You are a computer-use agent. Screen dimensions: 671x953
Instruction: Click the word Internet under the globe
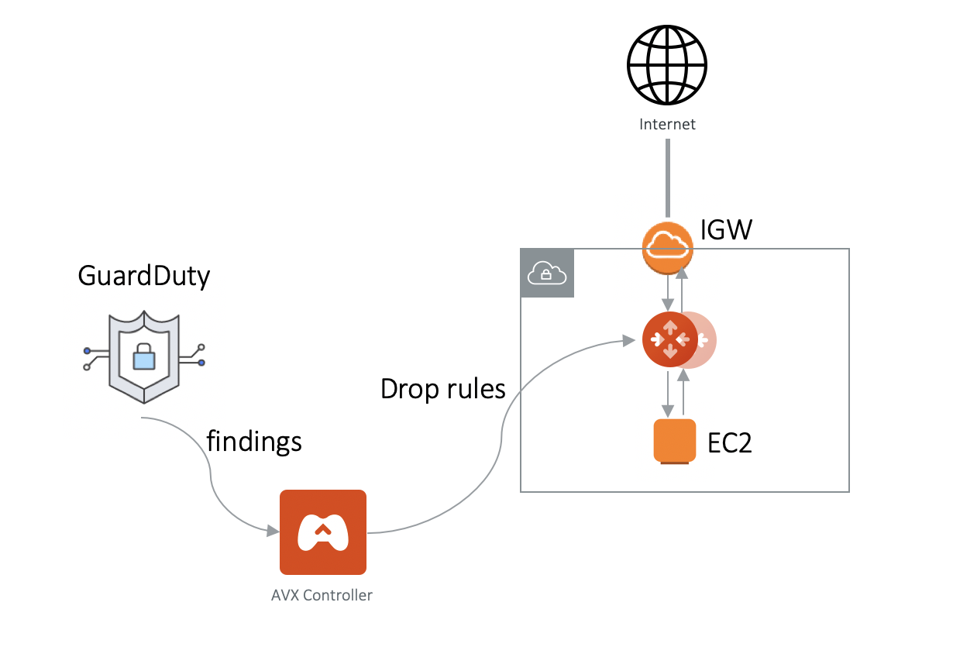click(667, 124)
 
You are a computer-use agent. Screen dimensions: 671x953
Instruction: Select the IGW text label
click(726, 230)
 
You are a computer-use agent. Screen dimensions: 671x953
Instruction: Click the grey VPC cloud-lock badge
click(547, 273)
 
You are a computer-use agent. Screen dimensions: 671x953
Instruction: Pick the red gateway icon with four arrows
click(669, 339)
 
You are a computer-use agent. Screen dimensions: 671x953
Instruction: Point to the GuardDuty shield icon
click(144, 357)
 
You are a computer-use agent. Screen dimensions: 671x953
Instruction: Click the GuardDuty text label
click(144, 276)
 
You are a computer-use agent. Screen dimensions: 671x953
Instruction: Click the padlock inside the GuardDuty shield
click(144, 357)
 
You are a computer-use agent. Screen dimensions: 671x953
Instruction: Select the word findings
click(253, 441)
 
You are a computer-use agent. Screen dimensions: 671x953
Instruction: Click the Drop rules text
click(442, 389)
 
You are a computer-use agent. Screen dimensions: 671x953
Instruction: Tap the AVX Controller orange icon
click(322, 532)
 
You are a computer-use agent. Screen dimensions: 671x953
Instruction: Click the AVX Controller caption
click(322, 596)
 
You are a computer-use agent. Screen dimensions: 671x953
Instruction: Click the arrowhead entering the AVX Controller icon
click(273, 532)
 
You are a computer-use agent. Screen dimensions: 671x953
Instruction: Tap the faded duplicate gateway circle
click(704, 340)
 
